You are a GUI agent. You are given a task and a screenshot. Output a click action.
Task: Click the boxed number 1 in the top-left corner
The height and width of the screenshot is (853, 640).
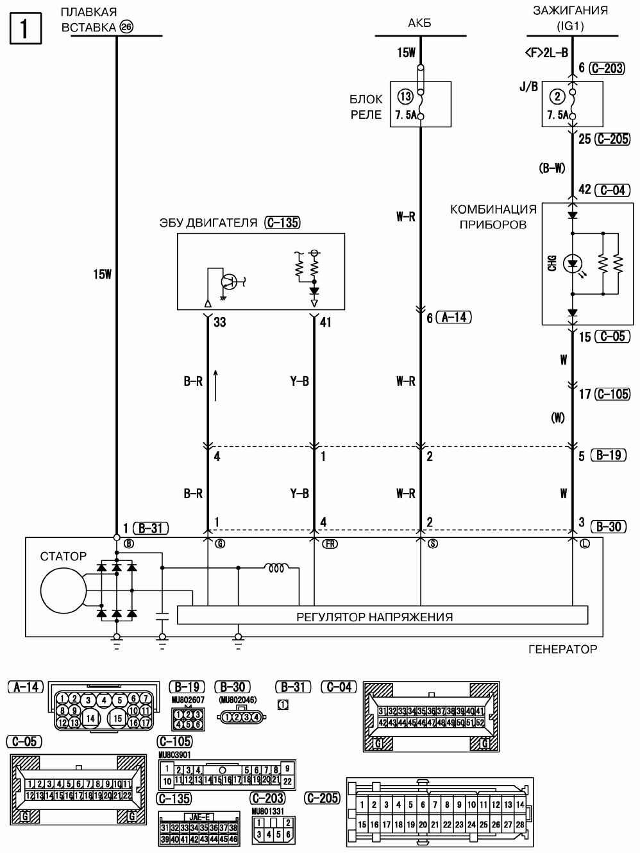point(26,29)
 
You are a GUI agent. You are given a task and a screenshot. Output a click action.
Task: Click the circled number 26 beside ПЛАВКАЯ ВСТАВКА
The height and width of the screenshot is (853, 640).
point(126,27)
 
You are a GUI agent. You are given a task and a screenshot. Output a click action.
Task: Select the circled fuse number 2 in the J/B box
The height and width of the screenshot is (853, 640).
point(557,97)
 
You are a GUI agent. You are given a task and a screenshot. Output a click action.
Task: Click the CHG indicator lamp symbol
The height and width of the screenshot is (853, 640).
point(572,263)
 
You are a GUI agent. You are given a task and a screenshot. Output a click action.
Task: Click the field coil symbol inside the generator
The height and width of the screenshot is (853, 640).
point(278,568)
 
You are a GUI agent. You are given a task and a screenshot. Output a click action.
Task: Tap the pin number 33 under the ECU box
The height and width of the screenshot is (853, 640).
point(219,322)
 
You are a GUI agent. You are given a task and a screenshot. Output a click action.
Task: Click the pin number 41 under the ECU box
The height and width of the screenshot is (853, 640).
point(325,322)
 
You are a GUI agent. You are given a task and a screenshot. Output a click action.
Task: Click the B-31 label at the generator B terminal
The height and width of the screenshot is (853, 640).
point(151,528)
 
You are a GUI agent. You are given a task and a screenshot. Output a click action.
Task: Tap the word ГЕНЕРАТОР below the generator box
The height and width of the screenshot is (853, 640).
point(562,649)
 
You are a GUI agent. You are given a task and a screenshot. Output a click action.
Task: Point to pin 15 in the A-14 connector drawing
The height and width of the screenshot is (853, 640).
point(117,718)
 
